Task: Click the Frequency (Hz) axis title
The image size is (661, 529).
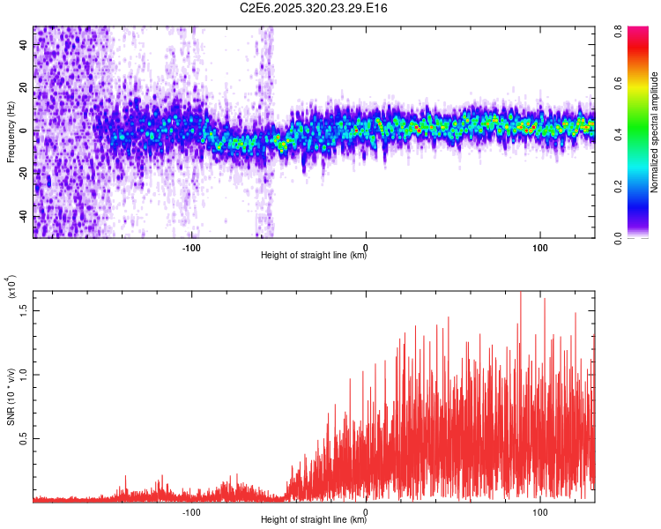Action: (x=11, y=132)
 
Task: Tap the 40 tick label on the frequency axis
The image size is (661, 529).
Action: (x=25, y=46)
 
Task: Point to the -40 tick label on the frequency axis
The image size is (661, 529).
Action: (x=23, y=217)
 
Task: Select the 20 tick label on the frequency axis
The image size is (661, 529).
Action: (x=25, y=88)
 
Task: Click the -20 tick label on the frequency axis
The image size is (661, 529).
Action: (x=23, y=175)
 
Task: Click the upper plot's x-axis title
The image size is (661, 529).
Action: (x=314, y=256)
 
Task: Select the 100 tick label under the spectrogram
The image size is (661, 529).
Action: (x=540, y=246)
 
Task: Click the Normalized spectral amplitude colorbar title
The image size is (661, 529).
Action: (x=655, y=132)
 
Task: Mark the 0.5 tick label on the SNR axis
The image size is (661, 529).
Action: (x=24, y=438)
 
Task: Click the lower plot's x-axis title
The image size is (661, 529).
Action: (x=314, y=520)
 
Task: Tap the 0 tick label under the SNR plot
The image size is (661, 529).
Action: (x=366, y=510)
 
